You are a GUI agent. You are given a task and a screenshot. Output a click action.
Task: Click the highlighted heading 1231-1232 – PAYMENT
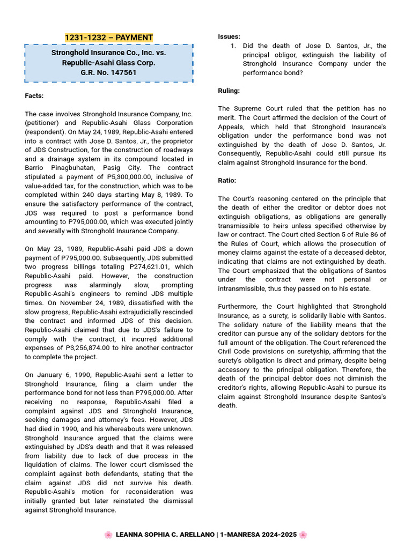pyautogui.click(x=108, y=38)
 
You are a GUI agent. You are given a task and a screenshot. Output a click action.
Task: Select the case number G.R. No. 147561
pyautogui.click(x=108, y=72)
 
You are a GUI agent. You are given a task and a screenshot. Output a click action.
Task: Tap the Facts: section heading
pyautogui.click(x=34, y=96)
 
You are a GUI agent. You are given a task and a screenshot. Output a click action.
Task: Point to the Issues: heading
pyautogui.click(x=229, y=36)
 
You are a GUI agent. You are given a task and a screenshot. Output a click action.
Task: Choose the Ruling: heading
pyautogui.click(x=229, y=91)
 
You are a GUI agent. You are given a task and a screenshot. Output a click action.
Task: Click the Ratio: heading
pyautogui.click(x=227, y=181)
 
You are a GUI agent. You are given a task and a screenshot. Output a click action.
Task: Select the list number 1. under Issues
pyautogui.click(x=233, y=46)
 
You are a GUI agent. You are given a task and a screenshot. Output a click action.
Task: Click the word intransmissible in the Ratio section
pyautogui.click(x=244, y=288)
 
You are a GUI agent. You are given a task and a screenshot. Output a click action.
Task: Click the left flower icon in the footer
pyautogui.click(x=108, y=535)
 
